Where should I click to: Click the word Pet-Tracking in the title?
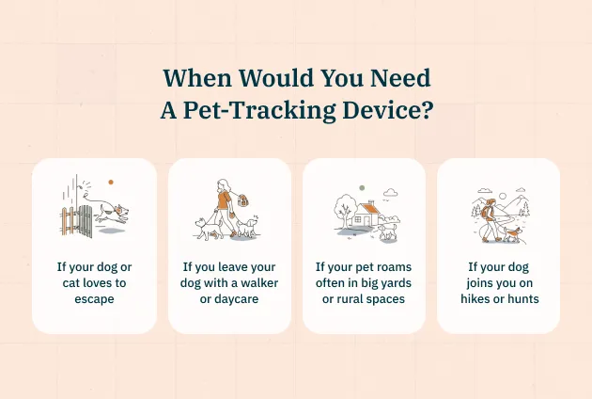coord(259,110)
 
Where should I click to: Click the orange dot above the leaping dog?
coord(111,182)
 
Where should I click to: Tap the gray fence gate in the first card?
coord(86,221)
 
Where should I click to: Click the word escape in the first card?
coord(94,298)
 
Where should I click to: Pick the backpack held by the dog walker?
coord(242,200)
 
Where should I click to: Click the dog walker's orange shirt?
coord(224,200)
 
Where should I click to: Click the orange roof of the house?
coord(368,209)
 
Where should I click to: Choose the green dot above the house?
coord(362,187)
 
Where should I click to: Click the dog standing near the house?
coord(387,231)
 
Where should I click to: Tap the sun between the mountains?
coord(502,197)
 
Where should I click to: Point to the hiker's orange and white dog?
coord(512,234)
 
